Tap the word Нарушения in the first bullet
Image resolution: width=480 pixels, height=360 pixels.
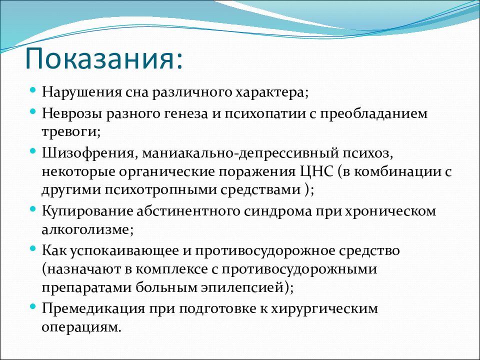[x=81, y=92]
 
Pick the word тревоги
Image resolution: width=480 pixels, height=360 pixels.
[x=69, y=132]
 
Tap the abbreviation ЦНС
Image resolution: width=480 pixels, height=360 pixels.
[x=315, y=171]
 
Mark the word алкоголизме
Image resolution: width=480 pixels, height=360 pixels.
[x=85, y=229]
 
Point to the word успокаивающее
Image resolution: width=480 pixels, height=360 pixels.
[x=124, y=251]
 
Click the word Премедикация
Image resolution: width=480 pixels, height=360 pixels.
[x=93, y=308]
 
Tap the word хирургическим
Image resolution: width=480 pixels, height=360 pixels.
[x=325, y=309]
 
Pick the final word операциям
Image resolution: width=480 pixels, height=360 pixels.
[x=79, y=327]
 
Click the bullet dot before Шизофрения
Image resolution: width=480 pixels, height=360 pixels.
[x=33, y=151]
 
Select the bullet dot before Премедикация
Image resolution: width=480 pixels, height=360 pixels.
[x=33, y=306]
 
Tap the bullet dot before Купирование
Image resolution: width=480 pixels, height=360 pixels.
[x=33, y=209]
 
